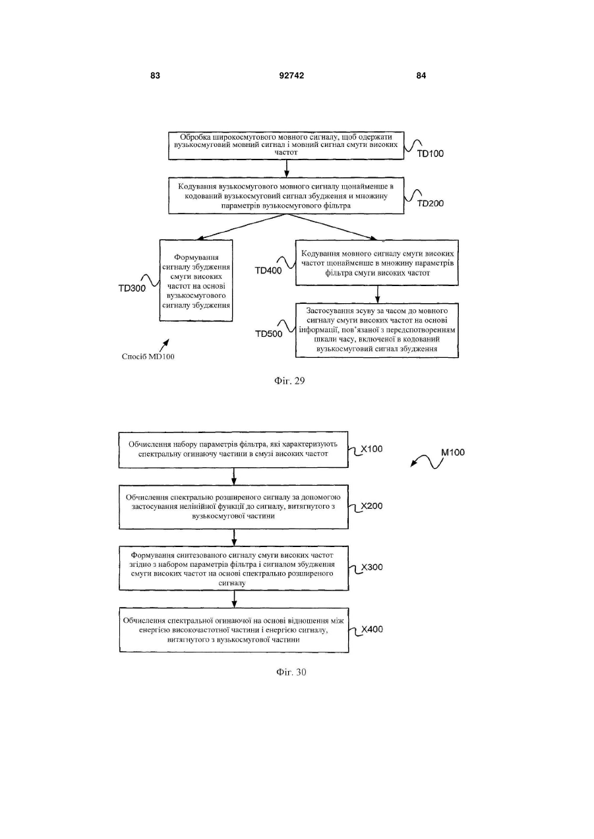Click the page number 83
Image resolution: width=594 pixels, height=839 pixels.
point(155,76)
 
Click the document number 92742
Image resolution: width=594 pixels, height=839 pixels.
point(291,76)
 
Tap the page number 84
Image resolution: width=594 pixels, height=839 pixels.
point(421,76)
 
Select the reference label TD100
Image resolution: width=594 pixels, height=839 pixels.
point(431,154)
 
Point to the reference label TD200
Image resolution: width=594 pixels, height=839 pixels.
point(431,204)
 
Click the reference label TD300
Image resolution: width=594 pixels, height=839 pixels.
point(132,289)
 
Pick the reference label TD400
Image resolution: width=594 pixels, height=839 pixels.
point(268,270)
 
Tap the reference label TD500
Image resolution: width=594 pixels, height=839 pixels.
point(269,333)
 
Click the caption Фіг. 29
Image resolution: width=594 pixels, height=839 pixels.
point(289,381)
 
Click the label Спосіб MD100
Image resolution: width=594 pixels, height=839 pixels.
point(148,357)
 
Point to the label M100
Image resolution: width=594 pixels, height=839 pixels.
point(453,453)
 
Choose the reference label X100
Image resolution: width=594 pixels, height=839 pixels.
point(372,449)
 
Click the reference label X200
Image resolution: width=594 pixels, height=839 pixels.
point(372,506)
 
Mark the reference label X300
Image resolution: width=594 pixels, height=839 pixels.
point(372,567)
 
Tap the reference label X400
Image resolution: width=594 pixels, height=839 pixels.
point(372,629)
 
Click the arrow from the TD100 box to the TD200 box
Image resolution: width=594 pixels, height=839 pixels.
point(287,169)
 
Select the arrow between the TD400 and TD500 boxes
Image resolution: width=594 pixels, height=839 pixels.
point(377,295)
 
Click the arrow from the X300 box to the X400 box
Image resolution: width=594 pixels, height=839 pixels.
point(234,599)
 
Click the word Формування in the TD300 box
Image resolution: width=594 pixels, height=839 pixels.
point(196,257)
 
